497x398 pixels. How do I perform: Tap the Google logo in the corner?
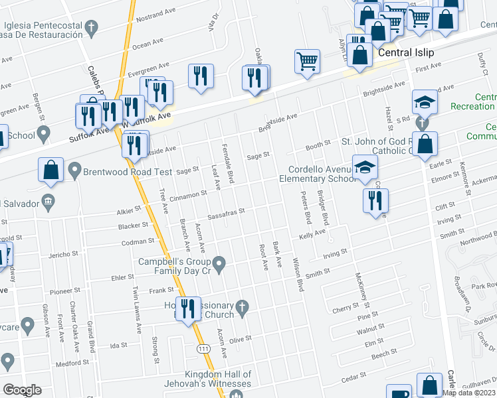click(22, 390)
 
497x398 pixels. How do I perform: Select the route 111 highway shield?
click(203, 348)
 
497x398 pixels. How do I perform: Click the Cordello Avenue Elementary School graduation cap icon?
click(365, 169)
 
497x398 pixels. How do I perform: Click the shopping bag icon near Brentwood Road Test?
click(51, 170)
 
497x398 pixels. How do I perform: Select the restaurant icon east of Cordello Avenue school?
click(375, 201)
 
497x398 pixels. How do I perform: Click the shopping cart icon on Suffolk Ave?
click(308, 62)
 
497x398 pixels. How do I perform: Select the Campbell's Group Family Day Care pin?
click(223, 266)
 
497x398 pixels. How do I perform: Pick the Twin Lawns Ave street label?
click(137, 310)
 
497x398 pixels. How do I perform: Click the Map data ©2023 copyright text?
click(469, 393)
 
